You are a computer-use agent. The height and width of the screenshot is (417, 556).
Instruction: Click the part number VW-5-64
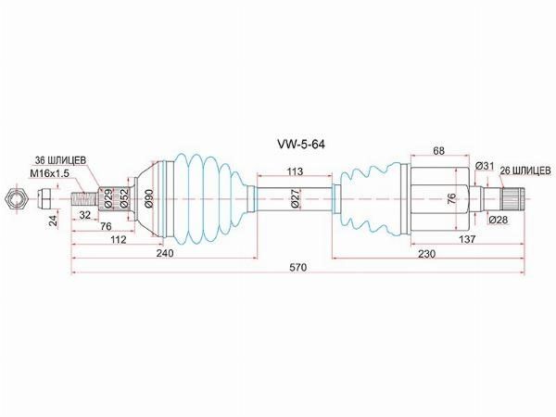click(300, 145)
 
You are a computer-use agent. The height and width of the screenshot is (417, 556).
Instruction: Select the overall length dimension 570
click(297, 268)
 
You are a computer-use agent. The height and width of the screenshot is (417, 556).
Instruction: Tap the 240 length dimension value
click(165, 253)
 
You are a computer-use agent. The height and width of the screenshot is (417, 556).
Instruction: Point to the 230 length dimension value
click(426, 254)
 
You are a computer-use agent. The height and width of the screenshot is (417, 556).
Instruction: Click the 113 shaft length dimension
click(295, 171)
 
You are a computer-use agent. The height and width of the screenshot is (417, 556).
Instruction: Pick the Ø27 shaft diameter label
click(296, 198)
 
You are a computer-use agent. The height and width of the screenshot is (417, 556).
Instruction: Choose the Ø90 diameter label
click(149, 199)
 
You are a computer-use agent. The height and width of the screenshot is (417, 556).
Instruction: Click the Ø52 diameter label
click(123, 199)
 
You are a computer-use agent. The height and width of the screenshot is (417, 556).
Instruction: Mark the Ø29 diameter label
click(107, 199)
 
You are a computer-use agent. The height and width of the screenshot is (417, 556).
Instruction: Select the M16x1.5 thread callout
click(50, 173)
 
